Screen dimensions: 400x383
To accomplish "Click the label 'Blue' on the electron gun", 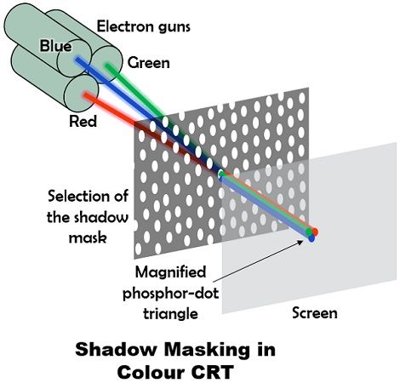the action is click(x=55, y=46).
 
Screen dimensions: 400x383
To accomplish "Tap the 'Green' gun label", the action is click(x=149, y=63).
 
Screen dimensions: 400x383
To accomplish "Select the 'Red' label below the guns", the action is click(x=83, y=121).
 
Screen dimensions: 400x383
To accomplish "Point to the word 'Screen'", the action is click(x=315, y=313).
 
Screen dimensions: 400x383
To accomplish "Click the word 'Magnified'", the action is click(x=170, y=272).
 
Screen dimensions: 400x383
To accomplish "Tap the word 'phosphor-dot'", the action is click(x=170, y=294).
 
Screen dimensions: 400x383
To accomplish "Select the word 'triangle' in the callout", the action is click(x=170, y=314).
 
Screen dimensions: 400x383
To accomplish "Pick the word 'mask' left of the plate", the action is click(x=88, y=237).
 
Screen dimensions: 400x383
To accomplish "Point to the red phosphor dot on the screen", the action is click(x=314, y=232).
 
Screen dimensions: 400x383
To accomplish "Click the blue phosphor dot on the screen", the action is click(x=311, y=238).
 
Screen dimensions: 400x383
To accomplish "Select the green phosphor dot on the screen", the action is click(x=309, y=232).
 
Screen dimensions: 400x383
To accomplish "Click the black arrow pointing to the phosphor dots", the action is click(x=258, y=261).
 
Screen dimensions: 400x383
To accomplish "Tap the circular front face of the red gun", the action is click(x=82, y=94).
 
